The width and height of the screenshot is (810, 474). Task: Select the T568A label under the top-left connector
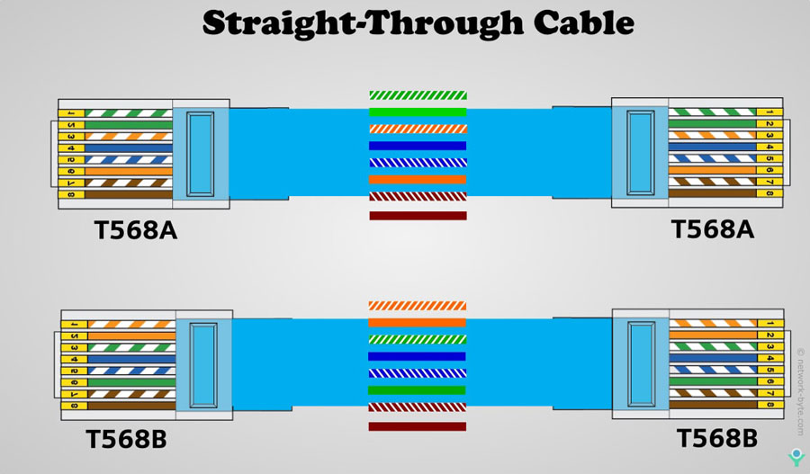[x=136, y=231]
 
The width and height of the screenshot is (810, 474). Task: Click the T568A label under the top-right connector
[x=713, y=229]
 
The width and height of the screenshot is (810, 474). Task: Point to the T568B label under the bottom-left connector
[x=126, y=441]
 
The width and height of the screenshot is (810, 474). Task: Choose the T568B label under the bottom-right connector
[x=716, y=439]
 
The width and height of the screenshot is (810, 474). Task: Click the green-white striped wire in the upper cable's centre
[x=418, y=94]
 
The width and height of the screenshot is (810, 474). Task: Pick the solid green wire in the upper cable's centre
[x=418, y=112]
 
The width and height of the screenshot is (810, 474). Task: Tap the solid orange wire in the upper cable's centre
[x=418, y=179]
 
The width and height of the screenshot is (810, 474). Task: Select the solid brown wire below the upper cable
[x=418, y=216]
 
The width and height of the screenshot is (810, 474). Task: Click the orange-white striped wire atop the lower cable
[x=418, y=306]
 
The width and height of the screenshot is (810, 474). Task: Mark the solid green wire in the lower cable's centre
[x=418, y=390]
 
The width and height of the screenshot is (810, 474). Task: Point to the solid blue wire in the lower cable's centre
[x=418, y=356]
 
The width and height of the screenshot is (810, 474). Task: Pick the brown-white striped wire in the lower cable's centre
[x=418, y=407]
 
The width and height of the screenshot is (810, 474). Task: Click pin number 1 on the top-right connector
[x=769, y=112]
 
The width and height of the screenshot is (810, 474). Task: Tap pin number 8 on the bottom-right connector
[x=770, y=404]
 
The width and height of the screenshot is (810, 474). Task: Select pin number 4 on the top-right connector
[x=769, y=147]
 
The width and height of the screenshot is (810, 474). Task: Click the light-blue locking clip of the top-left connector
[x=200, y=153]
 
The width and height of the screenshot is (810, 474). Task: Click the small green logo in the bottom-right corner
[x=796, y=456]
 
